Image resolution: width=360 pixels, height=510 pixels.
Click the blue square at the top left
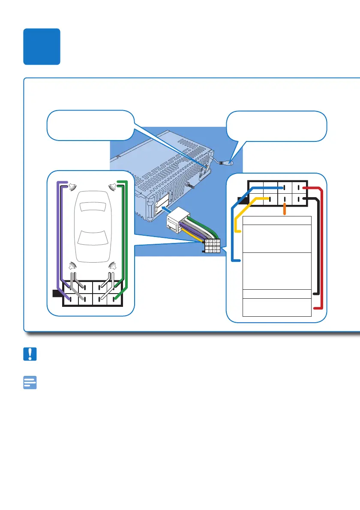(42, 47)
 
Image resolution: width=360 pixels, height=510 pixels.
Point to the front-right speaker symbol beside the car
(112, 186)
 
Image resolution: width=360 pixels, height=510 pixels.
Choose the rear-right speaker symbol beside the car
(112, 266)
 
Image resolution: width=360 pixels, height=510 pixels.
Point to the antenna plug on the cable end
(229, 162)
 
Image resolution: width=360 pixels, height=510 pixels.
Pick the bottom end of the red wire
(316, 308)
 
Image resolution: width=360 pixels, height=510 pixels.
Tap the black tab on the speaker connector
(57, 293)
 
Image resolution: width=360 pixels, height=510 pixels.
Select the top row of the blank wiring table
(277, 220)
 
